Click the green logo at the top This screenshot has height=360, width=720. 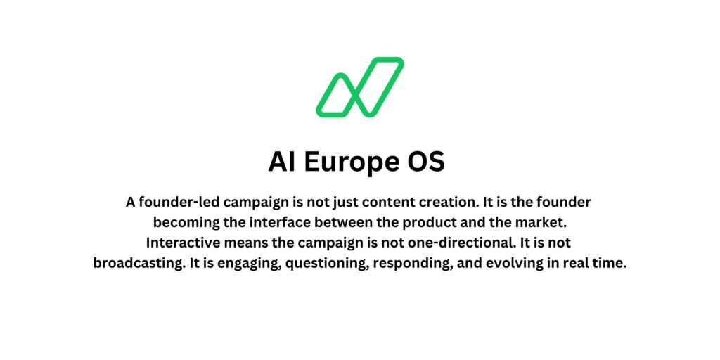click(x=359, y=86)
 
